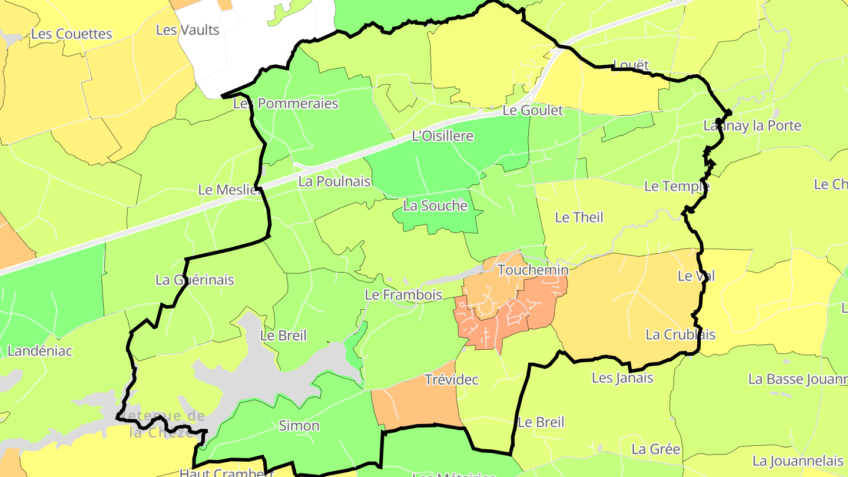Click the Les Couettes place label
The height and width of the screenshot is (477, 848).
71,34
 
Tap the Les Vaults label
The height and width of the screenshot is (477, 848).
187,29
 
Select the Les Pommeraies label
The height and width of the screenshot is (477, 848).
286,104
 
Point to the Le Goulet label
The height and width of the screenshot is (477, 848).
532,110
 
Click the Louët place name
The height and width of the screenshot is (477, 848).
631,64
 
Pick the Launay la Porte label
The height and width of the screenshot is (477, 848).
752,125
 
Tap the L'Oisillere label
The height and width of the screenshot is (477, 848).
442,136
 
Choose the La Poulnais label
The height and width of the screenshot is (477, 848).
334,181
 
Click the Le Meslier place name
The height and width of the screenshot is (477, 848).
229,190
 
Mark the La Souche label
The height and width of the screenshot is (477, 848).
435,206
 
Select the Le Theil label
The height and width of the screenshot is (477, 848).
579,217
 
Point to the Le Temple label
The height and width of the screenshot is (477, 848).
677,186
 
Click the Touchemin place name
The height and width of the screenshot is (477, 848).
532,270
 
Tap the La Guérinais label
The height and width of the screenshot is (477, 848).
194,280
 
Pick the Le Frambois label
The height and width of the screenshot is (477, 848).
403,294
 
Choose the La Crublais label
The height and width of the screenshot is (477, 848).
680,334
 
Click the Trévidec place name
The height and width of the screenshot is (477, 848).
451,380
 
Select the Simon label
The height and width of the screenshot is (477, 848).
299,425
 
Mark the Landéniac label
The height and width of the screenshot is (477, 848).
39,351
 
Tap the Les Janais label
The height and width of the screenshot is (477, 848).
622,377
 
